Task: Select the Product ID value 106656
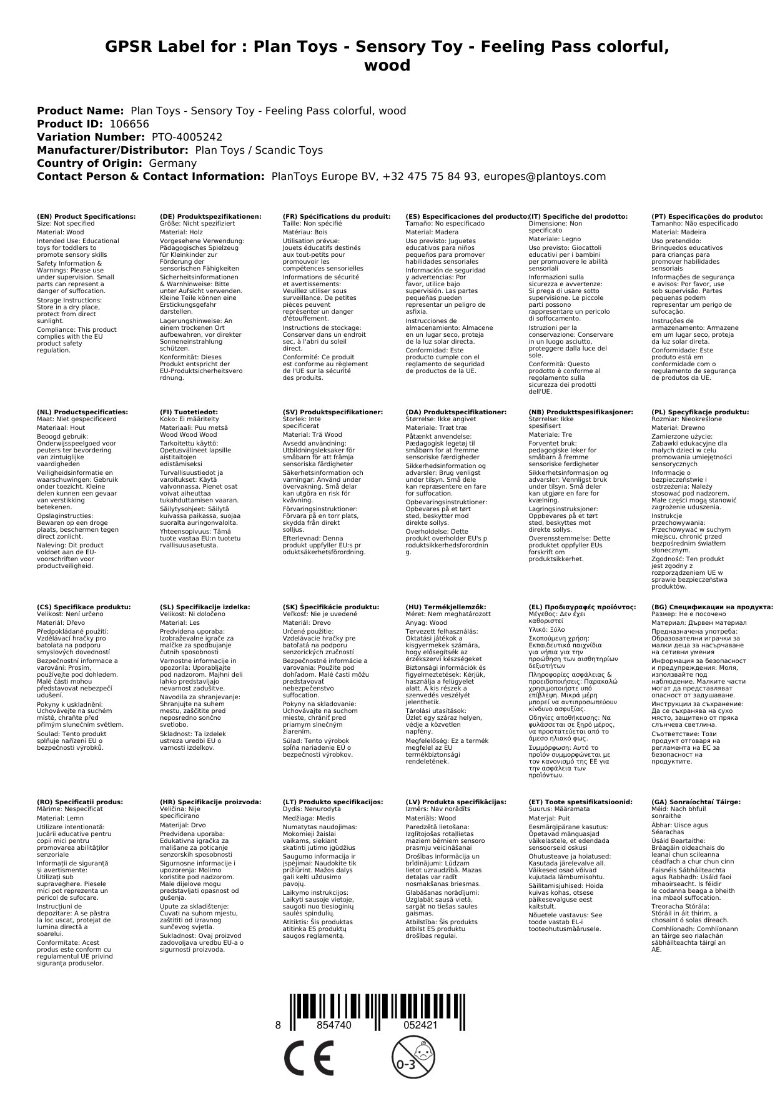click(129, 124)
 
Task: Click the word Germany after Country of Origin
click(172, 163)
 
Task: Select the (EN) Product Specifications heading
click(86, 216)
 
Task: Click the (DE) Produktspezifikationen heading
click(210, 216)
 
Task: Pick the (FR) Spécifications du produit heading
click(336, 216)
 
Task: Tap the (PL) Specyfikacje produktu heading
click(700, 412)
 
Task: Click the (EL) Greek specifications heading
click(582, 607)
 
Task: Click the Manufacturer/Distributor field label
click(112, 150)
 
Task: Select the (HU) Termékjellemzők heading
click(445, 607)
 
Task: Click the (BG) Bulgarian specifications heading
click(712, 607)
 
